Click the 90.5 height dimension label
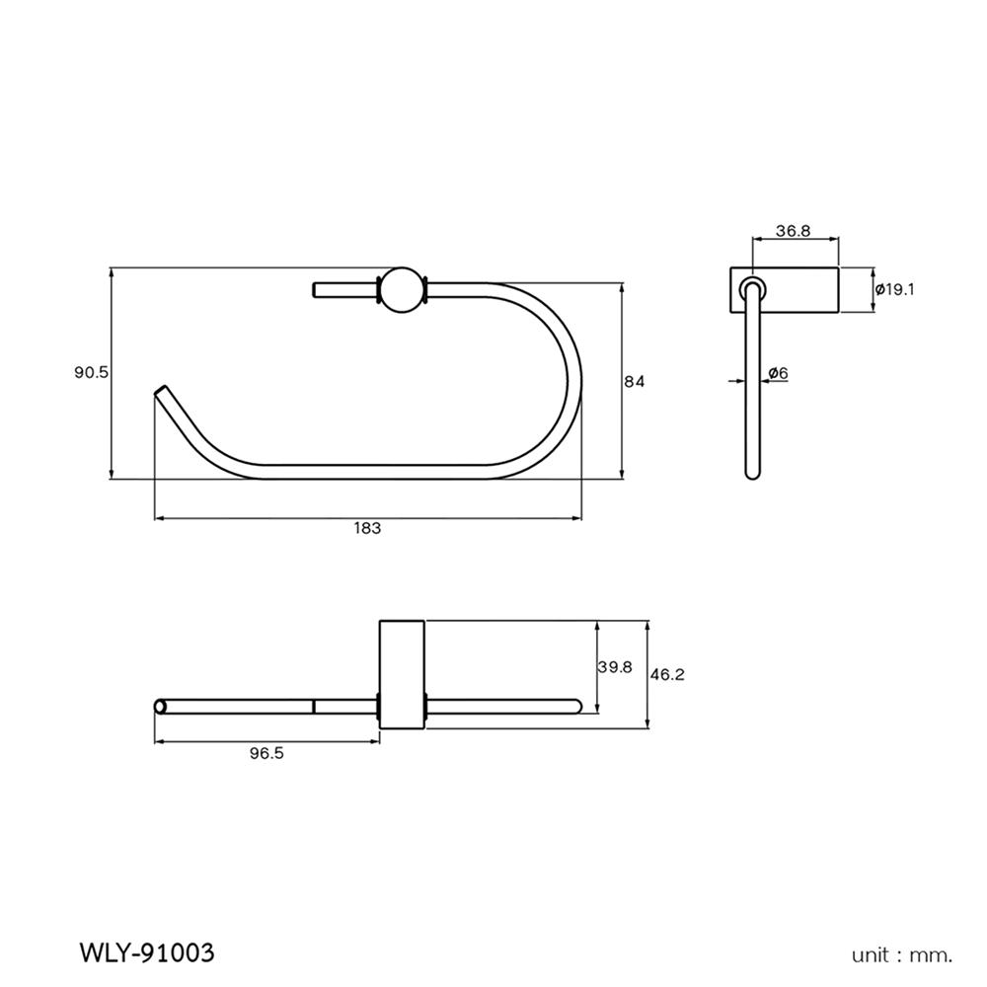point(91,372)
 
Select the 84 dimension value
point(634,382)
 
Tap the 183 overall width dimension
point(367,528)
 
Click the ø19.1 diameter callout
point(895,289)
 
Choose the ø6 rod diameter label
point(778,372)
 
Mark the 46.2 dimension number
point(667,675)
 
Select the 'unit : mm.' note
point(902,954)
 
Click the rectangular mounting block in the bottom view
point(402,674)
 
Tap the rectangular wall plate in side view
point(785,290)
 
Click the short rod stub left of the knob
point(343,289)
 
